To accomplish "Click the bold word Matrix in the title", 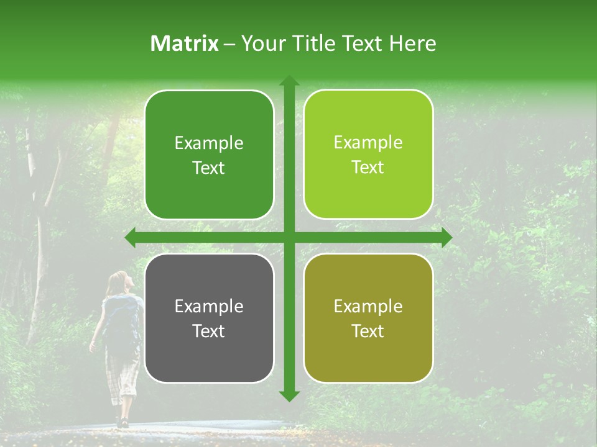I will tap(185, 43).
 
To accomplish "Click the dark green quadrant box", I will tap(209, 155).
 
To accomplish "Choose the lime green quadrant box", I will tap(368, 155).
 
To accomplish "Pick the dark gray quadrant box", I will tap(209, 318).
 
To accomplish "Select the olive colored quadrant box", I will tap(368, 318).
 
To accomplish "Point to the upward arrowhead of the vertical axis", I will tap(289, 81).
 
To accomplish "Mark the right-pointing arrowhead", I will tap(446, 237).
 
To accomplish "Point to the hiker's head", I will tap(119, 282).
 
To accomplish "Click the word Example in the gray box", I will tap(209, 306).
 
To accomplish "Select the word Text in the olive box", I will tap(368, 331).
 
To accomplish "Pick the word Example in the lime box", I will tap(368, 143).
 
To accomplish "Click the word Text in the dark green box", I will tap(209, 168).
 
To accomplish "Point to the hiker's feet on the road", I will tap(122, 422).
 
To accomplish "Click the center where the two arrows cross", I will tap(289, 237).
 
